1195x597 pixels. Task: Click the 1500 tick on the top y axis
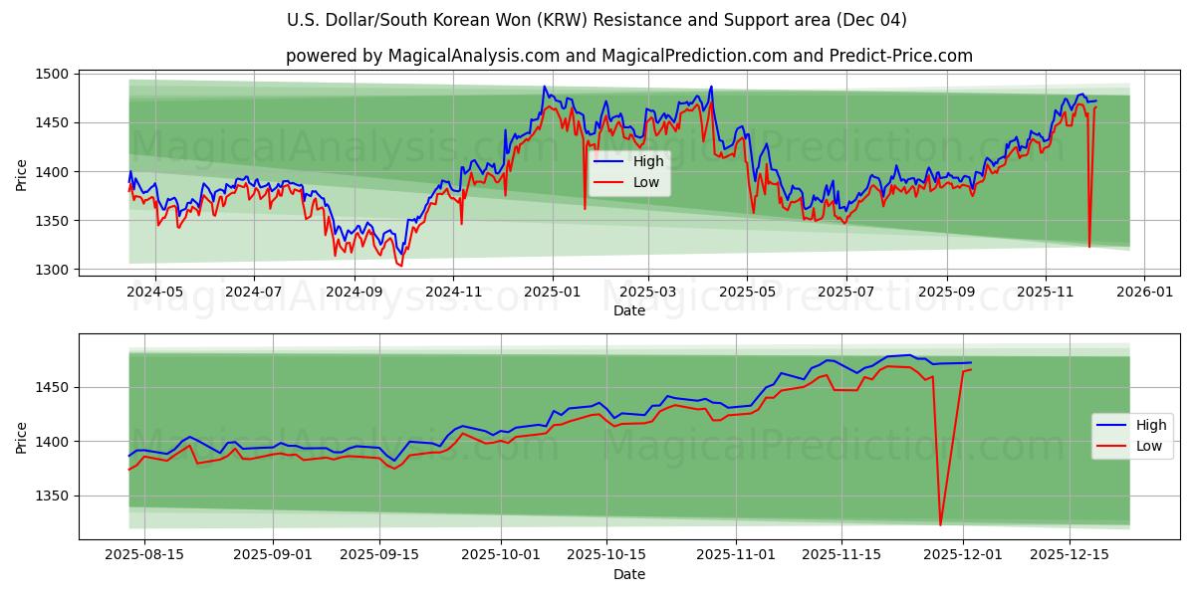coord(52,75)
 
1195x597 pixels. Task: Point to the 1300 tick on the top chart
coord(52,270)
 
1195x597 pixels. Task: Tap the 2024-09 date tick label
coord(355,292)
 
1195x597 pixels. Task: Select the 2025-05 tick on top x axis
coord(747,292)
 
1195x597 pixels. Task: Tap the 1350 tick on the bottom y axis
coord(52,496)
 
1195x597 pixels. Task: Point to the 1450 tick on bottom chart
coord(52,387)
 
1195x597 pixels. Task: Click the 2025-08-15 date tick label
coord(144,555)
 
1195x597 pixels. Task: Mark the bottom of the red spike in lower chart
coord(940,524)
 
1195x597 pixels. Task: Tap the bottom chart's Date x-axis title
coord(628,574)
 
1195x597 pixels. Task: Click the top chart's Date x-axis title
coord(628,310)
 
